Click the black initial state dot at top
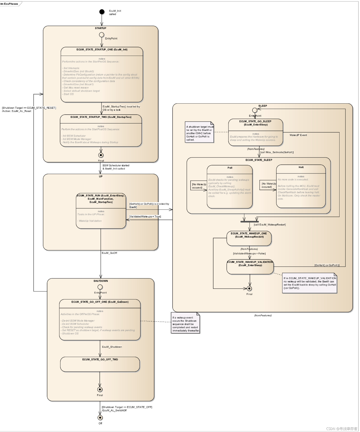102,12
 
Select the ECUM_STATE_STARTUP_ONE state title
102,50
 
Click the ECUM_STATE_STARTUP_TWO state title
101,117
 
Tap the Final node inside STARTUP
101,155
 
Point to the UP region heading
101,177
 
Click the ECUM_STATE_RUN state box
101,211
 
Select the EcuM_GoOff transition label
109,253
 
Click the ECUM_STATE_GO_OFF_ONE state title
100,302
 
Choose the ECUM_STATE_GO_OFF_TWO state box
100,364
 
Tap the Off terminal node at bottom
100,418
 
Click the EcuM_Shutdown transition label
112,347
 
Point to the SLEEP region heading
263,106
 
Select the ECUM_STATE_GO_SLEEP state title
255,123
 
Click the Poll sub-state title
230,168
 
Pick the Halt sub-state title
301,167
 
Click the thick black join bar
249,221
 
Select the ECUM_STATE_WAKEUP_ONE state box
249,238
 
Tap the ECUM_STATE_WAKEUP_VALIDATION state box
250,267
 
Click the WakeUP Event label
298,135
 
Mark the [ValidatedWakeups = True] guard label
145,217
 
